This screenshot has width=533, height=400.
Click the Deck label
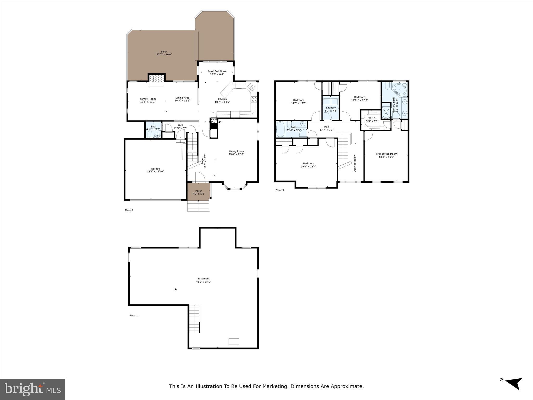[164, 52]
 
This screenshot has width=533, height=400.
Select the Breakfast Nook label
[217, 71]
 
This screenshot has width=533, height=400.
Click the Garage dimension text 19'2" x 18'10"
[155, 172]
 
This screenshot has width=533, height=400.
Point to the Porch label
[199, 191]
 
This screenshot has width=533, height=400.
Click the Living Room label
[236, 151]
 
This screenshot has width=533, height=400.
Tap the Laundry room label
[331, 108]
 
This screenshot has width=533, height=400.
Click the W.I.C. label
[372, 118]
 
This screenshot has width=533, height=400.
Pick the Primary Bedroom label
[386, 154]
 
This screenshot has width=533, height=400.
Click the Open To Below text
[355, 163]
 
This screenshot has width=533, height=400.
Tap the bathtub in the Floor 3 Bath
[280, 129]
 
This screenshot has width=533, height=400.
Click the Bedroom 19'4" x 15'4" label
[308, 164]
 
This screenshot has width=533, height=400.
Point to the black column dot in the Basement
[176, 289]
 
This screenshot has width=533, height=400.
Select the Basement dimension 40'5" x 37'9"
[204, 282]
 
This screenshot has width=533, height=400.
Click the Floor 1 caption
[134, 315]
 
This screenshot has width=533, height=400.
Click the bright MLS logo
[33, 389]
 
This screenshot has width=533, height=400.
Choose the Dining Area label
[182, 98]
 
